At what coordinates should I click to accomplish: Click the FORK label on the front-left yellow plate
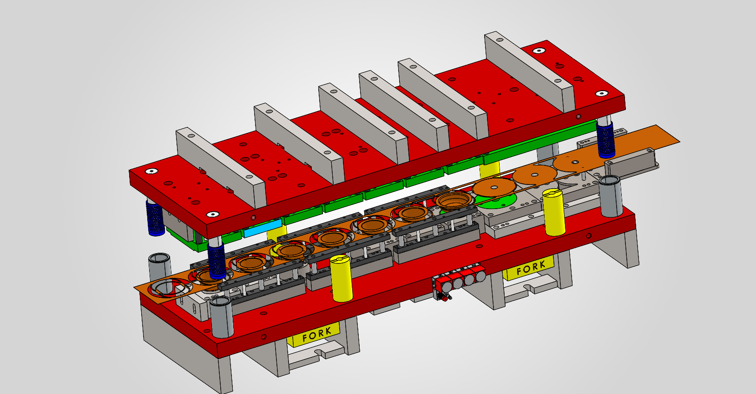(316, 334)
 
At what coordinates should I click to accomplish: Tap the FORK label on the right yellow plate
(531, 268)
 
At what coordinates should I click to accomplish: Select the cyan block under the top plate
(263, 228)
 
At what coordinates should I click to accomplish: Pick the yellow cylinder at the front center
(341, 278)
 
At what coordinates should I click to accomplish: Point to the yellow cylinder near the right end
(554, 212)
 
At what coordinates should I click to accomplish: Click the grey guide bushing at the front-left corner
(221, 317)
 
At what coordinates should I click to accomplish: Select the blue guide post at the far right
(605, 139)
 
